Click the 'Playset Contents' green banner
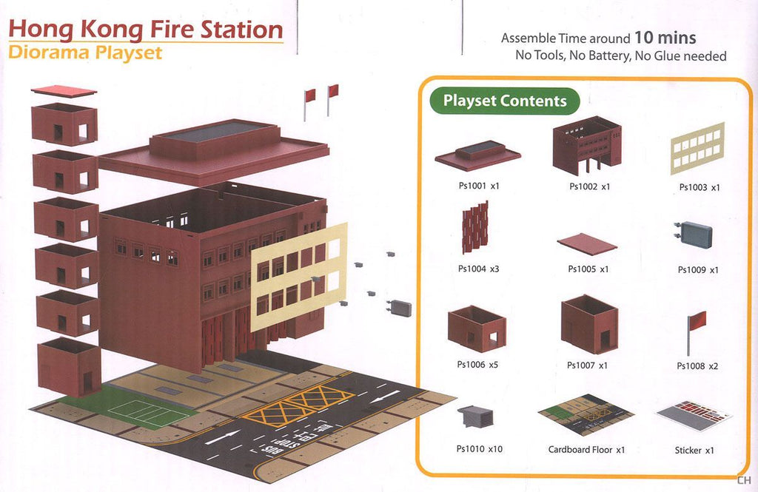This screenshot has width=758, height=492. point(505,101)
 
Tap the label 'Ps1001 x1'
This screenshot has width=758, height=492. point(478,186)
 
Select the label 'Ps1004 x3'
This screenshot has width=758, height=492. point(478,269)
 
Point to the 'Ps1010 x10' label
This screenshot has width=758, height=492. point(479,448)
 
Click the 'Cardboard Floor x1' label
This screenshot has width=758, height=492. point(587,449)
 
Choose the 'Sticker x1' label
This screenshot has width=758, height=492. point(694,450)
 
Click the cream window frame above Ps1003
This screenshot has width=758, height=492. point(697,148)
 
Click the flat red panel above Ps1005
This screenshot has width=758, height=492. point(587,244)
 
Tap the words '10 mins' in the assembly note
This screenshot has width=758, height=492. point(664,38)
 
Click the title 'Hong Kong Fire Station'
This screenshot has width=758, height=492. point(146,30)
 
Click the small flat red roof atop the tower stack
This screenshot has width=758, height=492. point(64,91)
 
